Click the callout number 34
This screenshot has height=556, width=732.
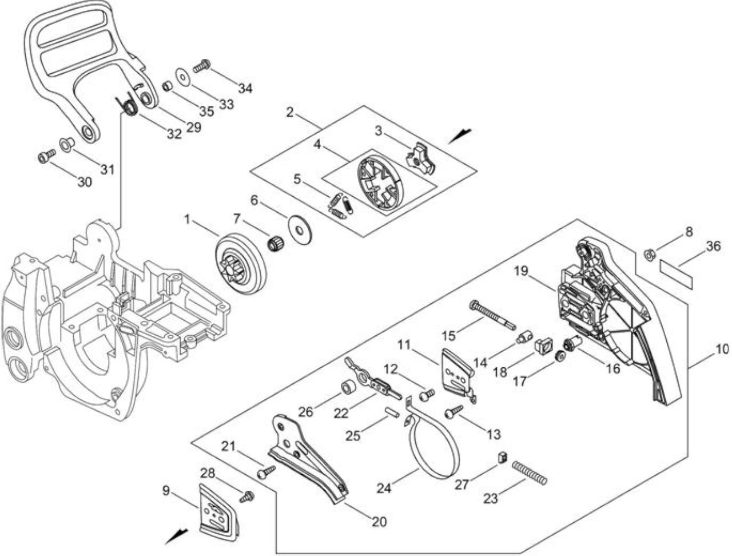point(245,88)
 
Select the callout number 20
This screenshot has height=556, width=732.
point(379,522)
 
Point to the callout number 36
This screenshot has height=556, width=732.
point(713,247)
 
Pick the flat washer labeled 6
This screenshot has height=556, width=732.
point(300,230)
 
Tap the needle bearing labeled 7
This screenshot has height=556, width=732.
point(275,249)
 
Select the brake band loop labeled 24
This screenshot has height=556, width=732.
point(433,447)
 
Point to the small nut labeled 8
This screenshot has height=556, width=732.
point(649,255)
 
